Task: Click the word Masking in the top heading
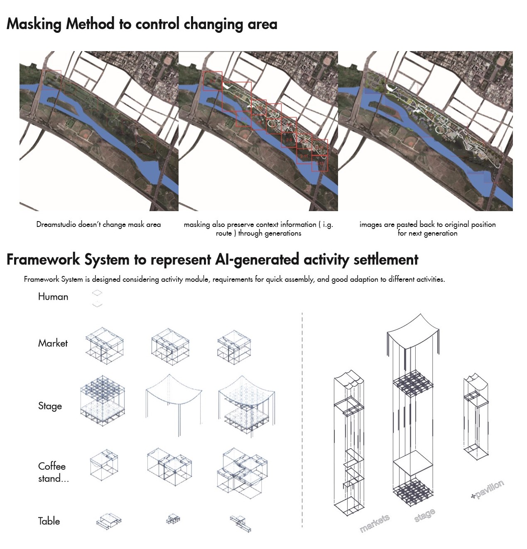34,24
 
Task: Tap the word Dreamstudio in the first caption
56,224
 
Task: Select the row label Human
53,296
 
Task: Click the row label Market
53,343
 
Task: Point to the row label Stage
50,406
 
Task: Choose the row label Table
49,521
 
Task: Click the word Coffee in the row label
52,466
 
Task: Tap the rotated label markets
375,523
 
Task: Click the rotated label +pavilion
488,489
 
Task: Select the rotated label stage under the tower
425,515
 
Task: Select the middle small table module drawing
173,519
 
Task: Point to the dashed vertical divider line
302,420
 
